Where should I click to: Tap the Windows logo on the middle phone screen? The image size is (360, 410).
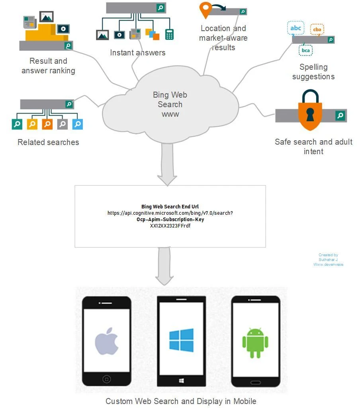pyautogui.click(x=181, y=340)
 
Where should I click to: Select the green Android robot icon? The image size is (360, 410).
pyautogui.click(x=255, y=343)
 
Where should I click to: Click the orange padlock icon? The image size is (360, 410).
pyautogui.click(x=310, y=110)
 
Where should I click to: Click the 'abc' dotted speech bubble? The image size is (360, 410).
pyautogui.click(x=296, y=28)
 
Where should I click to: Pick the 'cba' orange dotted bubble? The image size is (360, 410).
pyautogui.click(x=317, y=29)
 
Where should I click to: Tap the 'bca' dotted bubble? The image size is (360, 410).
pyautogui.click(x=306, y=50)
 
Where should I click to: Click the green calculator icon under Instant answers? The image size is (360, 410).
pyautogui.click(x=169, y=34)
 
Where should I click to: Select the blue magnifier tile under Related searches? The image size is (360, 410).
pyautogui.click(x=78, y=124)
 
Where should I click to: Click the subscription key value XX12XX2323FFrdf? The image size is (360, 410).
pyautogui.click(x=170, y=226)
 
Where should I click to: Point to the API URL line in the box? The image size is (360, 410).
pyautogui.click(x=170, y=213)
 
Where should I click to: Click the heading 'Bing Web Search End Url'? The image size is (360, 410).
pyautogui.click(x=170, y=206)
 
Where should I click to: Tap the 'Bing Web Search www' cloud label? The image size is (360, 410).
pyautogui.click(x=170, y=104)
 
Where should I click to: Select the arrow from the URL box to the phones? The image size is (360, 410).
pyautogui.click(x=164, y=266)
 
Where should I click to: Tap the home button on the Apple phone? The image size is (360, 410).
pyautogui.click(x=107, y=379)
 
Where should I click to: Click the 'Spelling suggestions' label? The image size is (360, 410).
pyautogui.click(x=313, y=72)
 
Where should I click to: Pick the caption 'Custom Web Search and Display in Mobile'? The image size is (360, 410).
pyautogui.click(x=181, y=401)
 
